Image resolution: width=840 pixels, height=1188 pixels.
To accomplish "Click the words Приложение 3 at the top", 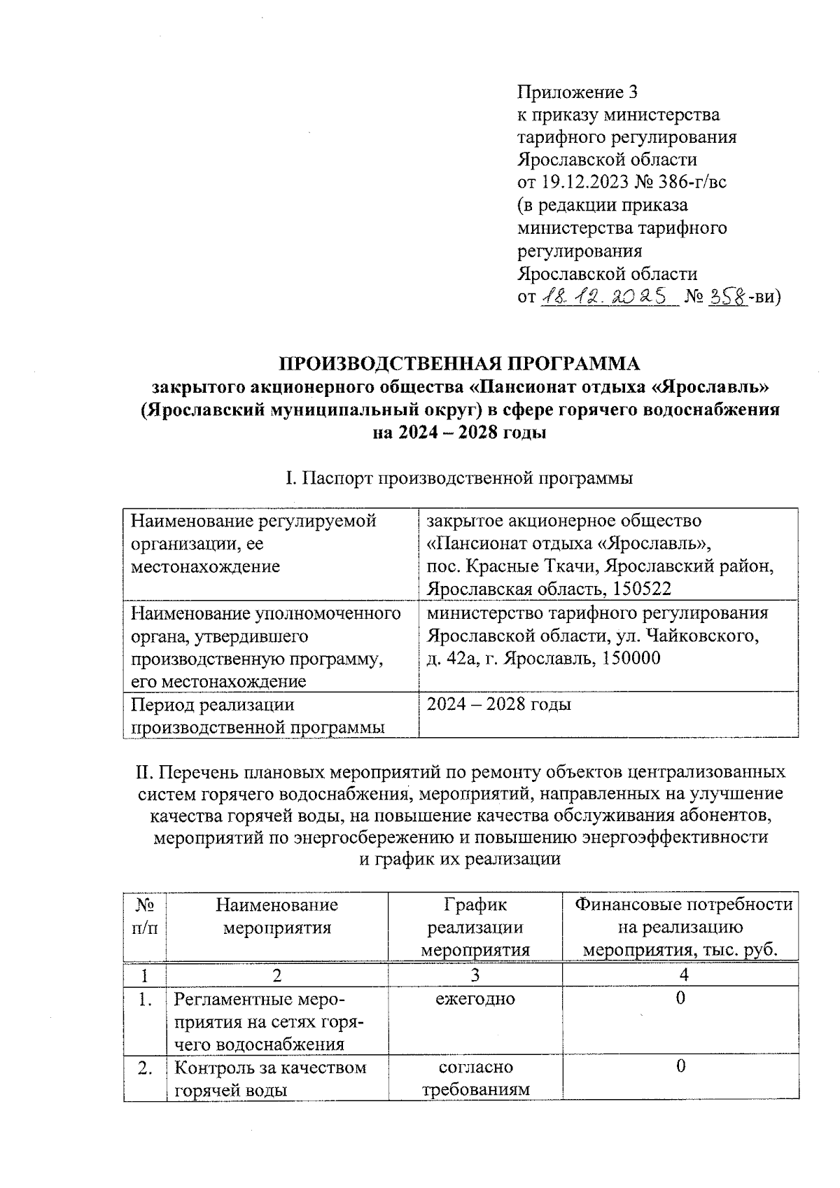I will [577, 92].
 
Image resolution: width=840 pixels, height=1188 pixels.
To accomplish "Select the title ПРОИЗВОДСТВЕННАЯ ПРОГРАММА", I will [460, 363].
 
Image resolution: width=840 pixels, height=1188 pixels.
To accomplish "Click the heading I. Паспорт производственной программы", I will [460, 479].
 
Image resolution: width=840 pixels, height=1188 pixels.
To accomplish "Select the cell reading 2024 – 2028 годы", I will [499, 704].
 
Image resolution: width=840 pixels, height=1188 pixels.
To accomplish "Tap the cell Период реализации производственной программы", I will [258, 715].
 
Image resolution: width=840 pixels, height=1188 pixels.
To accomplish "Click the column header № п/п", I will [145, 916].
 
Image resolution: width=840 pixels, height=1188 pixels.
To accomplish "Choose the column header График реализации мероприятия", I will [475, 927].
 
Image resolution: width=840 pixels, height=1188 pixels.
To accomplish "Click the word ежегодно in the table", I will [475, 998].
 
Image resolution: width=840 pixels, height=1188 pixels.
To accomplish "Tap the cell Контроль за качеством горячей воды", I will [270, 1078].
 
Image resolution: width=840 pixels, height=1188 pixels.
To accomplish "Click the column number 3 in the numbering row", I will [475, 974].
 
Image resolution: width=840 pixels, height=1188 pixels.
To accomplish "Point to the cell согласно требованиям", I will [475, 1078].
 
